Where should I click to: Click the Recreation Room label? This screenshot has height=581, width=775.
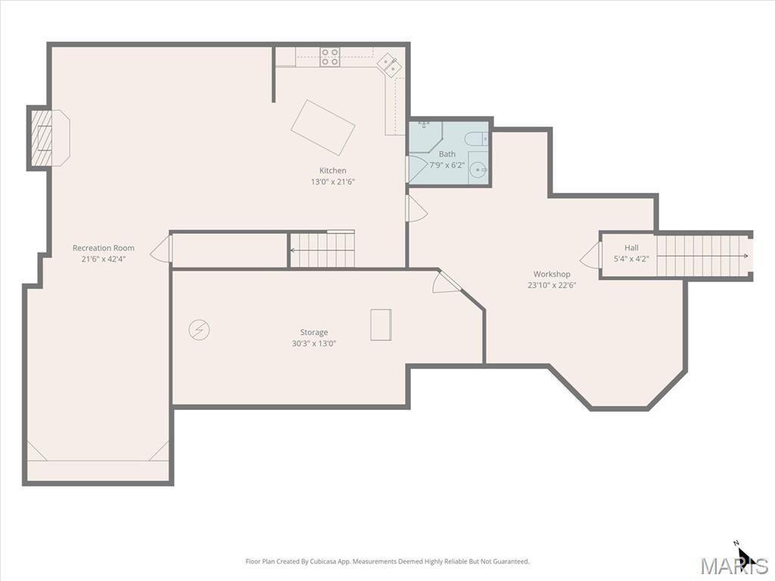(103, 248)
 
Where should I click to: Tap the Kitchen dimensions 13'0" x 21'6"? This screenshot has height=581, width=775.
(333, 182)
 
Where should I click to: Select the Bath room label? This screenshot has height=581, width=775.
(447, 154)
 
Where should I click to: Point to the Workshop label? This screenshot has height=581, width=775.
(552, 274)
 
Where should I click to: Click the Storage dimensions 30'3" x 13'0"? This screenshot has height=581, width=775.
(314, 343)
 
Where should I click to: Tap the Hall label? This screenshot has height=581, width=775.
(631, 248)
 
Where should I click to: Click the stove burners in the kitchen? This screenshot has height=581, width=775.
(330, 57)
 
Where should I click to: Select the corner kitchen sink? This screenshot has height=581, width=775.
(389, 66)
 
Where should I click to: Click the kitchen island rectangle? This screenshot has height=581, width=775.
(322, 127)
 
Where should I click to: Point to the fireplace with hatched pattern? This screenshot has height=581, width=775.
(42, 138)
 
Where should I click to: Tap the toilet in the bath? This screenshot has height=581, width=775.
(478, 139)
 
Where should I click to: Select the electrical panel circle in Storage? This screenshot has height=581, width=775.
(199, 330)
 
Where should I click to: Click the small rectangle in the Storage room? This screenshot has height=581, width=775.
(381, 325)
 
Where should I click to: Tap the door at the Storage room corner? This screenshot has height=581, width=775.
(447, 283)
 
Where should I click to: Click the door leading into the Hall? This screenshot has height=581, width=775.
(590, 256)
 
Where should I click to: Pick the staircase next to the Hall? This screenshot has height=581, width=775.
(702, 256)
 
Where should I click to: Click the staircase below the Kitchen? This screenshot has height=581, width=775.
(322, 250)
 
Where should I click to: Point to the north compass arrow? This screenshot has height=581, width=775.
(745, 555)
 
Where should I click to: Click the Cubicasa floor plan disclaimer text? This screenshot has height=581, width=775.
(387, 561)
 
